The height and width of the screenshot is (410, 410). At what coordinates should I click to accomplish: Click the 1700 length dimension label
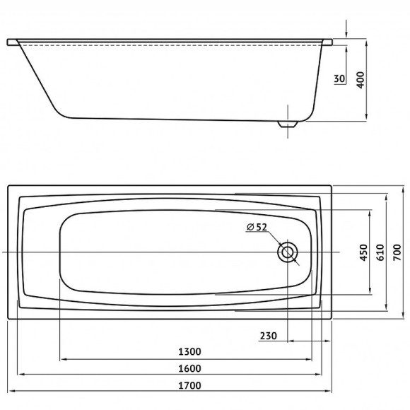tap(190, 385)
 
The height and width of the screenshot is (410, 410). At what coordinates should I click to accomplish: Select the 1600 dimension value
tap(190, 368)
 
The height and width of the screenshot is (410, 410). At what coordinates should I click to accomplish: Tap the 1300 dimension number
tap(190, 352)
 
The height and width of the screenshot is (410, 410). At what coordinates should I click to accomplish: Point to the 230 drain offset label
tap(269, 336)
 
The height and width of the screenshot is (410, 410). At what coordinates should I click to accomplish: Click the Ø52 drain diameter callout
tap(257, 227)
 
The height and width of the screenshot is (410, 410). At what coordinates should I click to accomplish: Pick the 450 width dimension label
tap(364, 252)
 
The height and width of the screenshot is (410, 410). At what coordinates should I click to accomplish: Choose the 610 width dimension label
tap(380, 252)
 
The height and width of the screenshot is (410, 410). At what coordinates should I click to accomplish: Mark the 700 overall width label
tap(397, 252)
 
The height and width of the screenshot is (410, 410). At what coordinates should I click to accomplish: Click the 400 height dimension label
tap(361, 80)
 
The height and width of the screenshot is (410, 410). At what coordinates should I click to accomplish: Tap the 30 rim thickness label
tap(339, 78)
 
